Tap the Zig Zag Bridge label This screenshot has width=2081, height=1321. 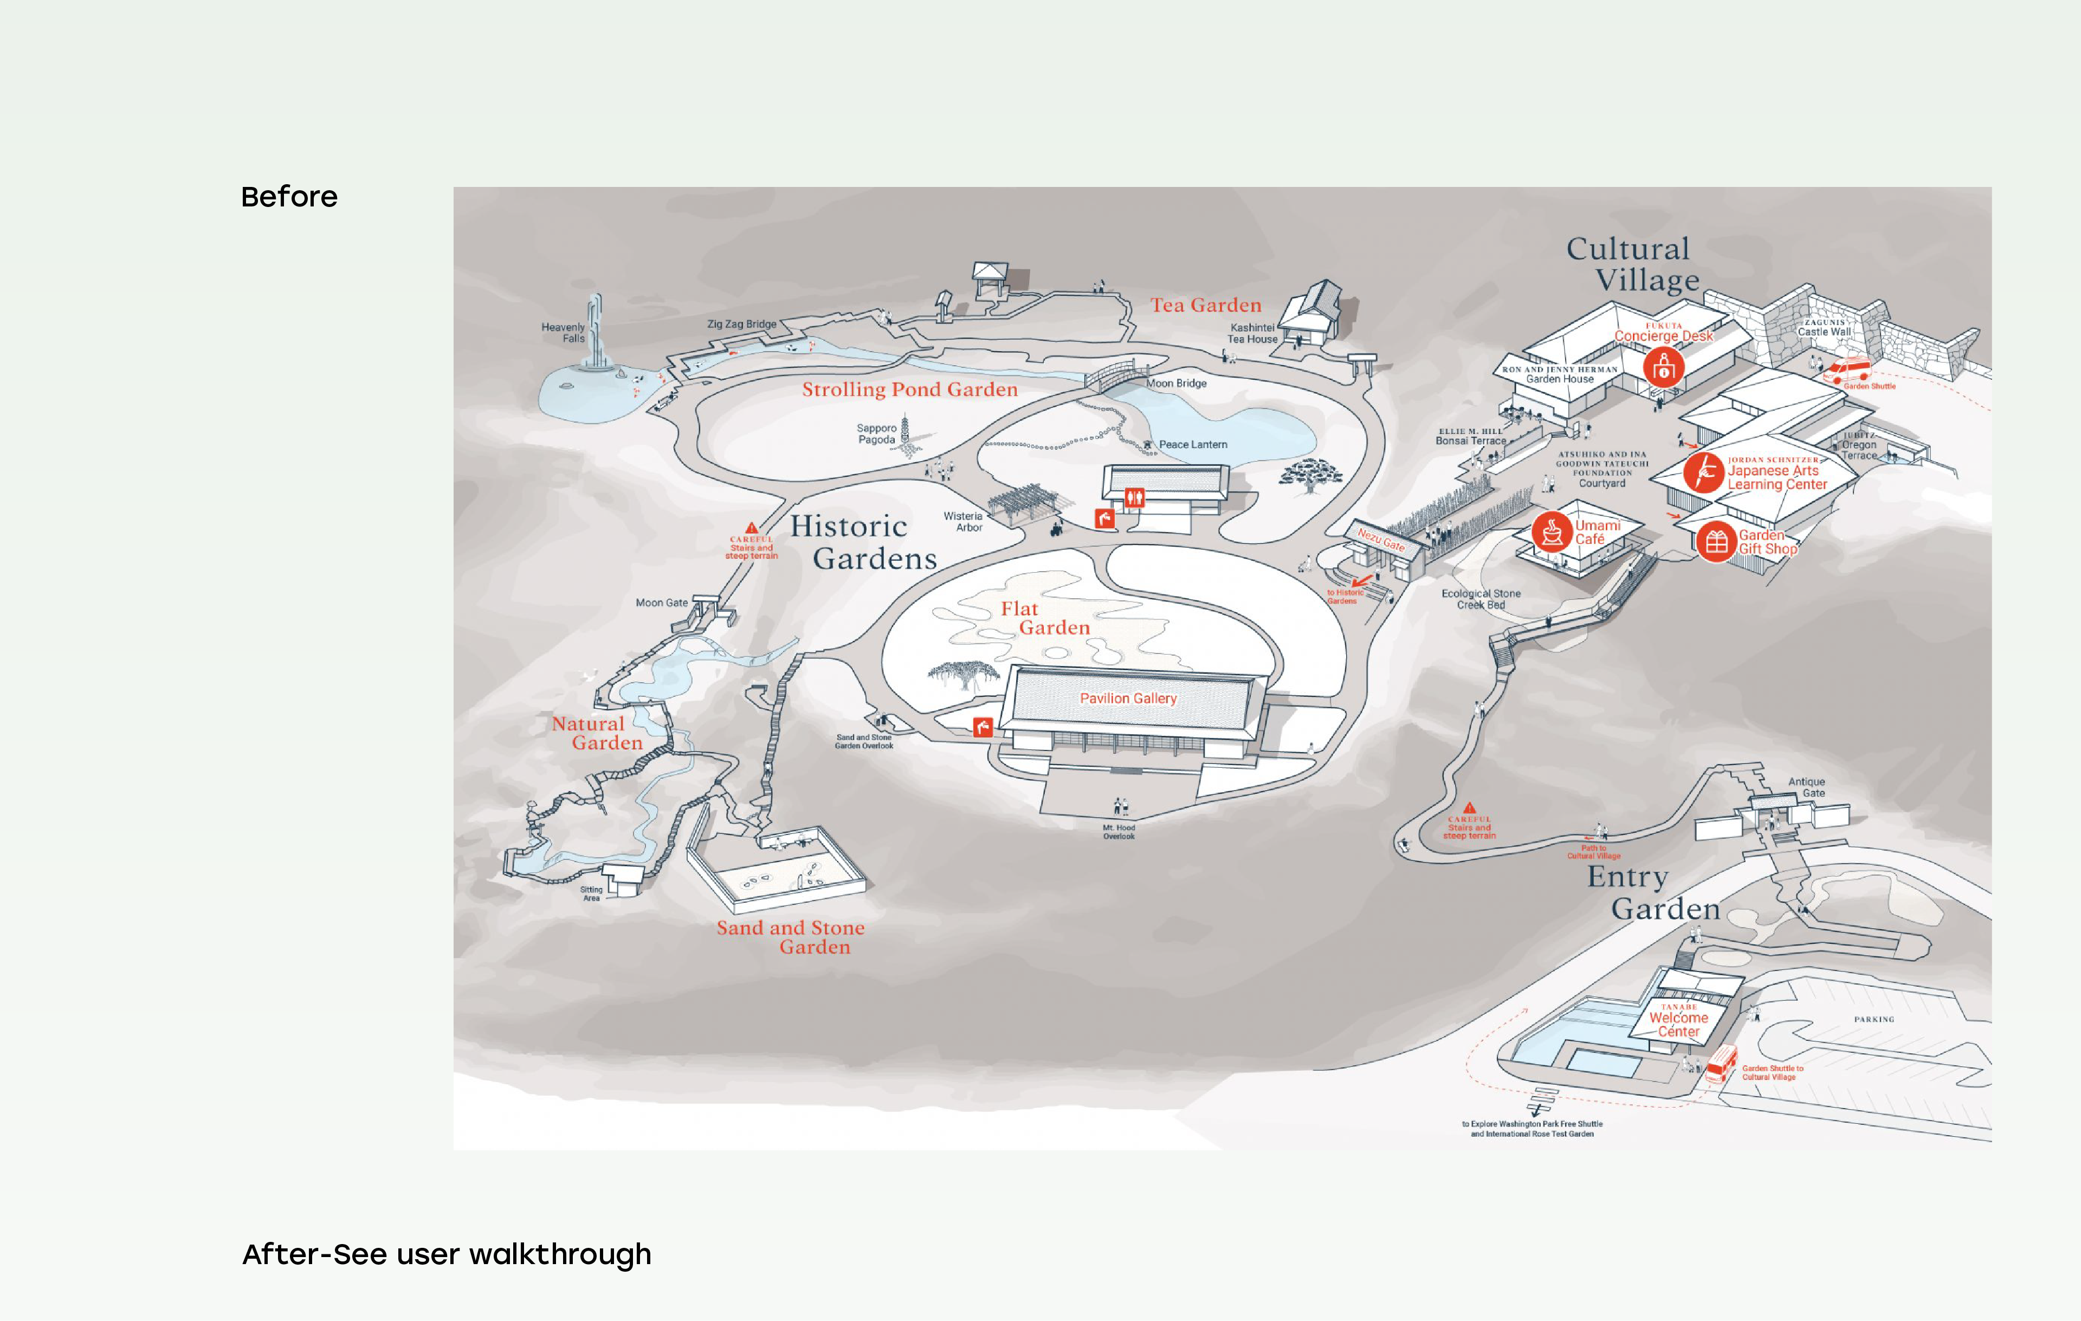tap(741, 324)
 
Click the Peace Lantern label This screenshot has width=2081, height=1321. tap(1193, 444)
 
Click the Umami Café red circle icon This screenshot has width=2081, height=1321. tap(1551, 532)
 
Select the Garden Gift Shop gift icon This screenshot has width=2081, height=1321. tap(1716, 542)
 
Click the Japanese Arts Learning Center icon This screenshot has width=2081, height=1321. tap(1703, 472)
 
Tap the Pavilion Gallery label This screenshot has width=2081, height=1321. tap(1128, 698)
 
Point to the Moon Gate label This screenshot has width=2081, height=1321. tap(662, 603)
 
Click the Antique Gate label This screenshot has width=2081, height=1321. tap(1806, 787)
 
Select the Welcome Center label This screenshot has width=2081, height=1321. tap(1678, 1024)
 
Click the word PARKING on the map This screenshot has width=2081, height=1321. tap(1873, 1020)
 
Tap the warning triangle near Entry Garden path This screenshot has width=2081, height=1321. tap(1469, 808)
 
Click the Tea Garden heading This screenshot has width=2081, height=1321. tap(1206, 305)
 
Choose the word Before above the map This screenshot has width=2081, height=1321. tap(289, 197)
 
